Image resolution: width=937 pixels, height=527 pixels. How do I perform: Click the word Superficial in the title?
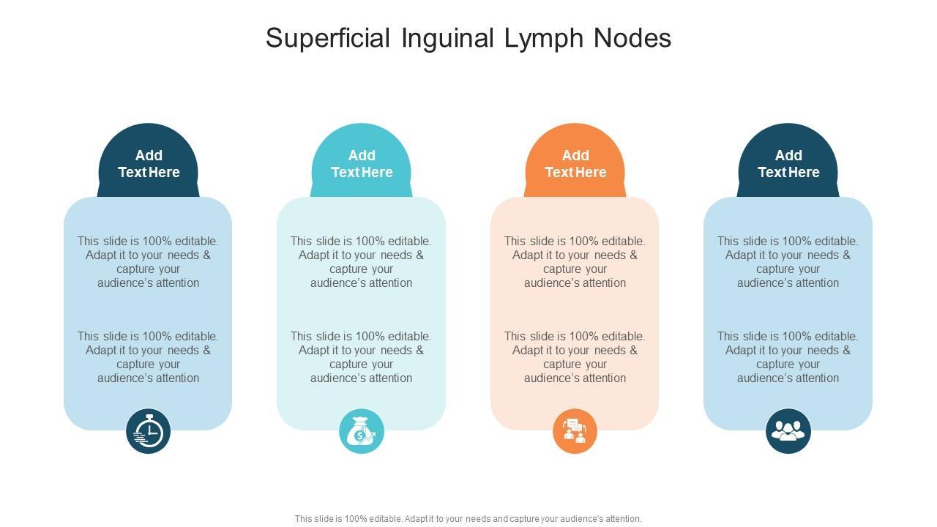328,38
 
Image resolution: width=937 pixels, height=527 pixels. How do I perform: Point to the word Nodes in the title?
632,38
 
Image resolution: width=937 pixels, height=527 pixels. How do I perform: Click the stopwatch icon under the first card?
149,431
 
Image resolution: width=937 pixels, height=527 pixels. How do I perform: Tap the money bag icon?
362,431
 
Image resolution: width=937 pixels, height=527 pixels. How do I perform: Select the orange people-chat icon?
575,431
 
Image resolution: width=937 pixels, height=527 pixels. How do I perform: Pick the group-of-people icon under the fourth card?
788,431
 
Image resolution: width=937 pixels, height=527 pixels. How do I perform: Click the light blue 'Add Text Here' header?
362,164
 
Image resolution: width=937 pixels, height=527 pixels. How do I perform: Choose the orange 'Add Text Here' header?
575,164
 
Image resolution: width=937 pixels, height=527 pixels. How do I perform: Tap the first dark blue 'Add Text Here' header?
149,164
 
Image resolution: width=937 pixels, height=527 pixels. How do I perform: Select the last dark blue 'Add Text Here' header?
788,164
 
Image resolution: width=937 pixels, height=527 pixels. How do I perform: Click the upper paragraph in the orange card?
575,262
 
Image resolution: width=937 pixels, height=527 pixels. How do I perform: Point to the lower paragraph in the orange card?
575,357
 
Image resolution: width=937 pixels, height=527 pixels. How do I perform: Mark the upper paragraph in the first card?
149,262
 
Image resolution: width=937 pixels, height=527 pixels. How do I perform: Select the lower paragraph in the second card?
362,357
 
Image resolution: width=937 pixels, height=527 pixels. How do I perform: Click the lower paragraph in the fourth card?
788,357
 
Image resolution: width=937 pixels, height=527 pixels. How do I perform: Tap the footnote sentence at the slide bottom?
468,519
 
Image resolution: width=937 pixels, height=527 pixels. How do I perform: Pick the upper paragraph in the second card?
362,262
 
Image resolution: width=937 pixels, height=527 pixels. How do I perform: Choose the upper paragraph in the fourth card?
788,262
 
